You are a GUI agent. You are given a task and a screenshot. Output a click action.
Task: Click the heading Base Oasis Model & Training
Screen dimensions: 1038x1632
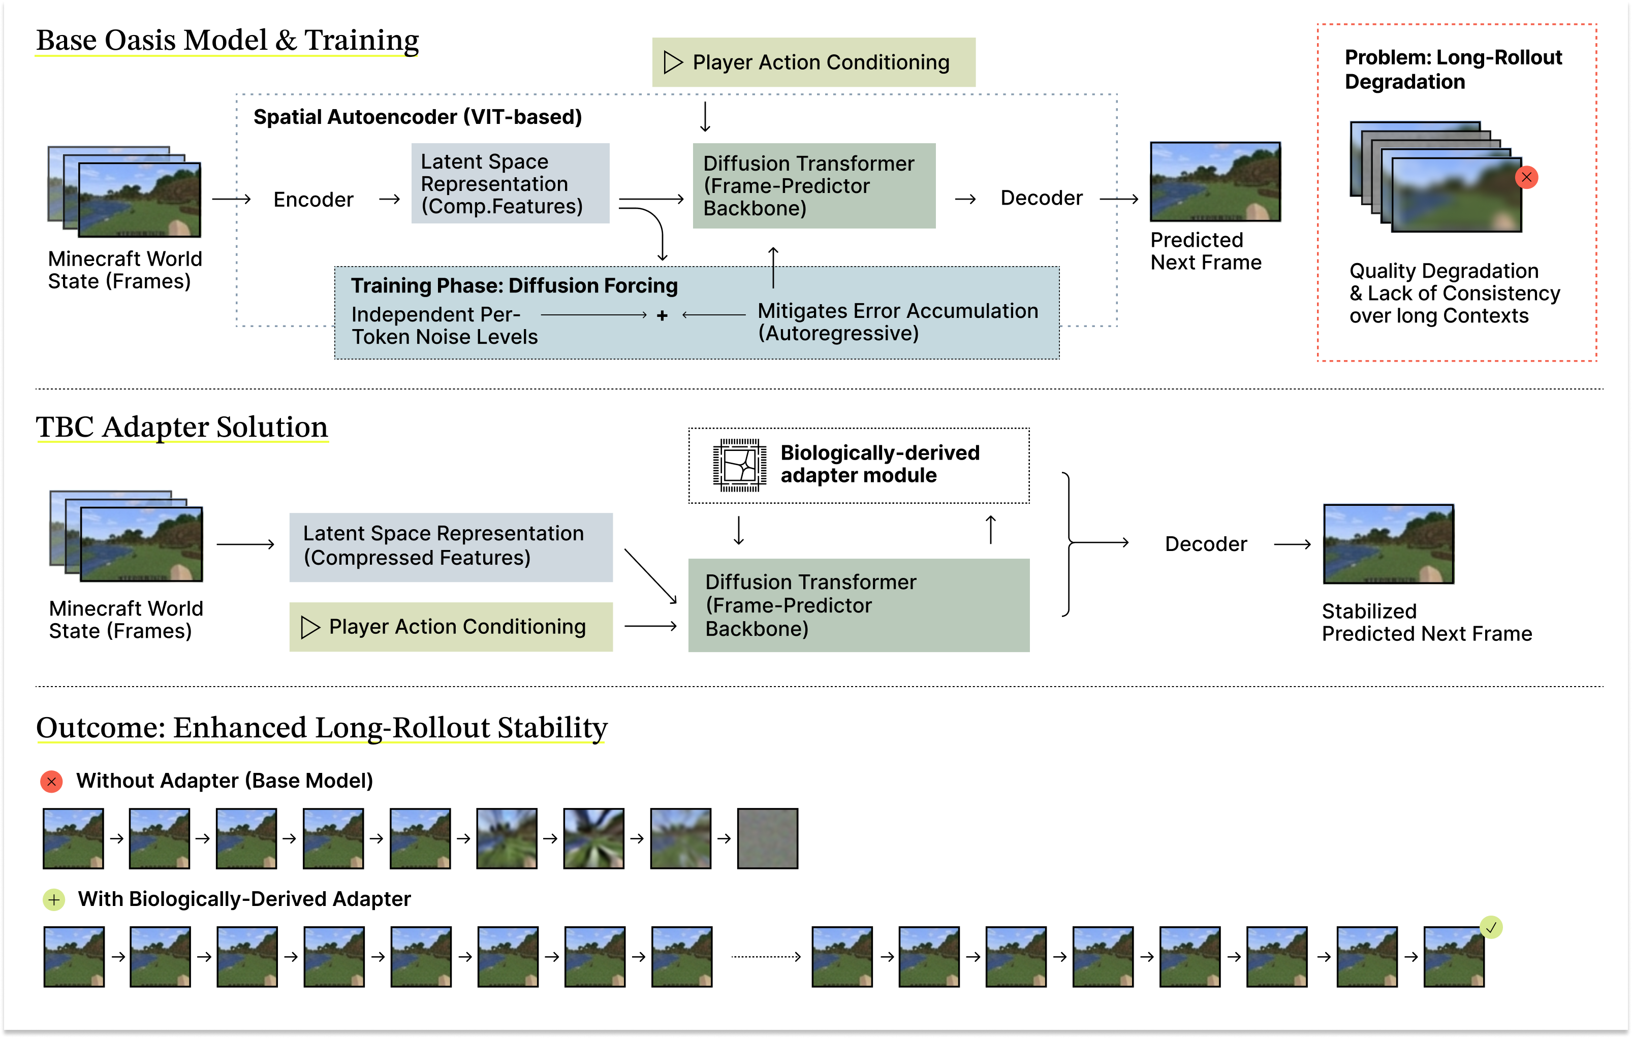click(x=227, y=41)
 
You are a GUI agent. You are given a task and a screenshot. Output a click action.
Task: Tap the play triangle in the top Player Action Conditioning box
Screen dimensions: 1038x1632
click(x=672, y=62)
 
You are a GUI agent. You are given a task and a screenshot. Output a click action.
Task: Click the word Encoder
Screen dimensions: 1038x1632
click(x=313, y=200)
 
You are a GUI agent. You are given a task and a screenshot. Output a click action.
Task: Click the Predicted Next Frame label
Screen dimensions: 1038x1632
click(x=1206, y=251)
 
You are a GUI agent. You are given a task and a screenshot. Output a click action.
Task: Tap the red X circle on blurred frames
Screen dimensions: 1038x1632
click(x=1526, y=178)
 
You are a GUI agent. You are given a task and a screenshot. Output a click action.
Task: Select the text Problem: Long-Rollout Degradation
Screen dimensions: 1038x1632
click(x=1453, y=69)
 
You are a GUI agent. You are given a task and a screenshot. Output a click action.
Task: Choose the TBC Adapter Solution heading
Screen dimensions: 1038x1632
click(x=181, y=428)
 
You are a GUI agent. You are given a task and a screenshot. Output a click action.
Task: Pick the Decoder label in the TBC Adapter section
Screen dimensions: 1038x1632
click(x=1206, y=544)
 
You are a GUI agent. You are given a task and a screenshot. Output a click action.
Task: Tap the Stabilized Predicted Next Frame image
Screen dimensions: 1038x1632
click(x=1388, y=544)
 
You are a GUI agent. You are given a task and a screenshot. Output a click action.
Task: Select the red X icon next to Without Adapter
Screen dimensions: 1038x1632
click(x=51, y=781)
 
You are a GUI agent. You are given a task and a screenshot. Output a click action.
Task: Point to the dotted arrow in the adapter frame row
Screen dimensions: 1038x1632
click(x=766, y=957)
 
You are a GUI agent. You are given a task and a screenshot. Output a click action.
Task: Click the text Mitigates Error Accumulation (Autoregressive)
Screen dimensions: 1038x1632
click(x=897, y=322)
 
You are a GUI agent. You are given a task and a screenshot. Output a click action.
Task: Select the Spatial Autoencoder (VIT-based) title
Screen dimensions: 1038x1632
click(x=418, y=117)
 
